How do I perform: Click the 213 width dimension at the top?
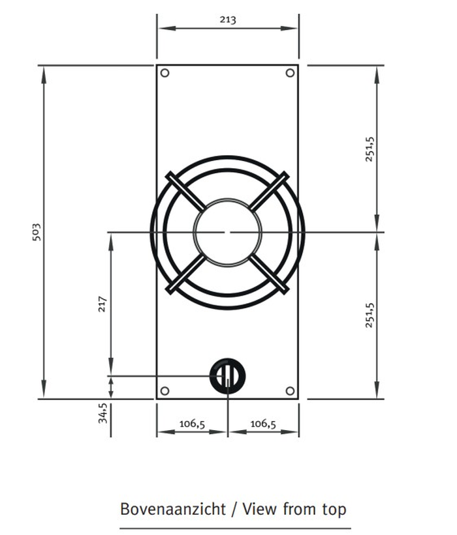tap(227, 20)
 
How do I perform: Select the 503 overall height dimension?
tap(37, 231)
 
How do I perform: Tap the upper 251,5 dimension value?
tap(370, 149)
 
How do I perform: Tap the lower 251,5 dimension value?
tap(370, 315)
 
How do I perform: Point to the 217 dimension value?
tap(102, 304)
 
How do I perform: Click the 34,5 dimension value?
tap(102, 413)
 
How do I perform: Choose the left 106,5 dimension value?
tap(192, 424)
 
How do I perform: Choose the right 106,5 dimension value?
tap(263, 424)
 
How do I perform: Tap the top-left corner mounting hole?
tap(165, 73)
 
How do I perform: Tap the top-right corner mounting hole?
tap(290, 73)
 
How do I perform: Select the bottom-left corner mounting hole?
tap(165, 390)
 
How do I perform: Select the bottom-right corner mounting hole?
tap(290, 390)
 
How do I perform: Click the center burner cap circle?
tap(227, 231)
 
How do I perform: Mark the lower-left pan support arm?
tap(185, 273)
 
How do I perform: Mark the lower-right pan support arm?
tap(269, 273)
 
